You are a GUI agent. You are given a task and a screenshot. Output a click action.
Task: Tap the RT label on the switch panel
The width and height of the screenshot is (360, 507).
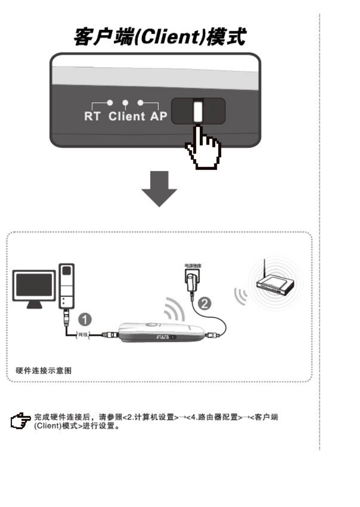(x=92, y=116)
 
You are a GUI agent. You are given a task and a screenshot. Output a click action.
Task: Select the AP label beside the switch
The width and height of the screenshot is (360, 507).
(x=158, y=116)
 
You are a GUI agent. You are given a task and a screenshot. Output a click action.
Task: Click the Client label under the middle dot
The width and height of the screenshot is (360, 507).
(x=127, y=116)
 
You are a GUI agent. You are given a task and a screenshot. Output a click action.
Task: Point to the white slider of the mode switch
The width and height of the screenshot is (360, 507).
(x=198, y=111)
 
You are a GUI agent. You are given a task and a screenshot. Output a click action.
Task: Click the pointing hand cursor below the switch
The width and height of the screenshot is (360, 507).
(x=203, y=148)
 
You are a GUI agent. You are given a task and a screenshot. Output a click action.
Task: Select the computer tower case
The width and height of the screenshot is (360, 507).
(x=67, y=286)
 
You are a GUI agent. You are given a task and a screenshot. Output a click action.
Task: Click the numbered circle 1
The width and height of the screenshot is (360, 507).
(x=85, y=319)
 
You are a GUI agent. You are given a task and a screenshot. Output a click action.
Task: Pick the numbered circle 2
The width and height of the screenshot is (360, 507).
(x=205, y=304)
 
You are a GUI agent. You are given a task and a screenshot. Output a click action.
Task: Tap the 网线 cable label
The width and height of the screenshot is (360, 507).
(x=83, y=335)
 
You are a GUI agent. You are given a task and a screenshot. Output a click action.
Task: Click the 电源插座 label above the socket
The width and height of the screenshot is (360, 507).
(x=193, y=266)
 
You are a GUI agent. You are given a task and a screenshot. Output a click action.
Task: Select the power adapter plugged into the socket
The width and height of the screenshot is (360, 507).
(x=193, y=282)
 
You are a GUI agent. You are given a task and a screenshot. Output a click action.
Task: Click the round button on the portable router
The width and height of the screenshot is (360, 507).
(x=152, y=325)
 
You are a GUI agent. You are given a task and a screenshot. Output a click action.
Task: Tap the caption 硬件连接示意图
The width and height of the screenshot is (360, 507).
(x=43, y=371)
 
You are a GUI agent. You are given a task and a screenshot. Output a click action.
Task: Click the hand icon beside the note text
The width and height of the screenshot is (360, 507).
(x=20, y=421)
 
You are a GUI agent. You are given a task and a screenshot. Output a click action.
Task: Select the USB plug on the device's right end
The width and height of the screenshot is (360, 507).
(x=212, y=335)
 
